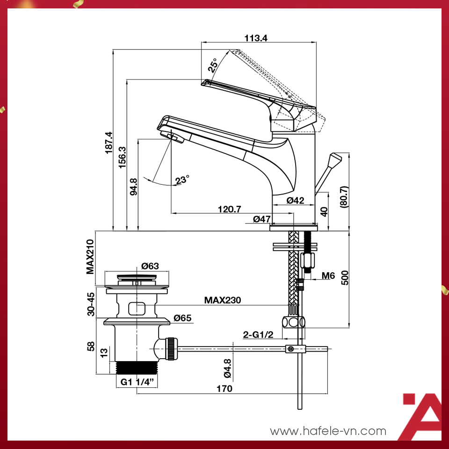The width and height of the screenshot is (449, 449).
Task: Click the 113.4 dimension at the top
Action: coord(256,38)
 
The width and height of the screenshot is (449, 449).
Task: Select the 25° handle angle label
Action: coord(213,66)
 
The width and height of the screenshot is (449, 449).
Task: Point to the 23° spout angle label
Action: coord(182,180)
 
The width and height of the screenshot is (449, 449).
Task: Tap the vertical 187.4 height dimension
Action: coord(109,143)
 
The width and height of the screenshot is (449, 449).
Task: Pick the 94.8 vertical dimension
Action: coord(134,186)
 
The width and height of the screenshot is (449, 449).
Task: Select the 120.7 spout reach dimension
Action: coord(229,209)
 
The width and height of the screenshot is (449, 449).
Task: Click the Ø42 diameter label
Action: coord(295,200)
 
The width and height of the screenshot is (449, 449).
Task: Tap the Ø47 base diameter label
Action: coord(262,219)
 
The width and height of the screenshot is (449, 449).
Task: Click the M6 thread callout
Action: coord(328,276)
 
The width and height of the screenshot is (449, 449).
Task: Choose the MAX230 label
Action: coord(222,300)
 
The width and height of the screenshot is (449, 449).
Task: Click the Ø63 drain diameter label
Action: coord(150,266)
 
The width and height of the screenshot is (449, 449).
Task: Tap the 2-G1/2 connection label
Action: coord(258,335)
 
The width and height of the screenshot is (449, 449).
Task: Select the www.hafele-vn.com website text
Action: coord(328,431)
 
